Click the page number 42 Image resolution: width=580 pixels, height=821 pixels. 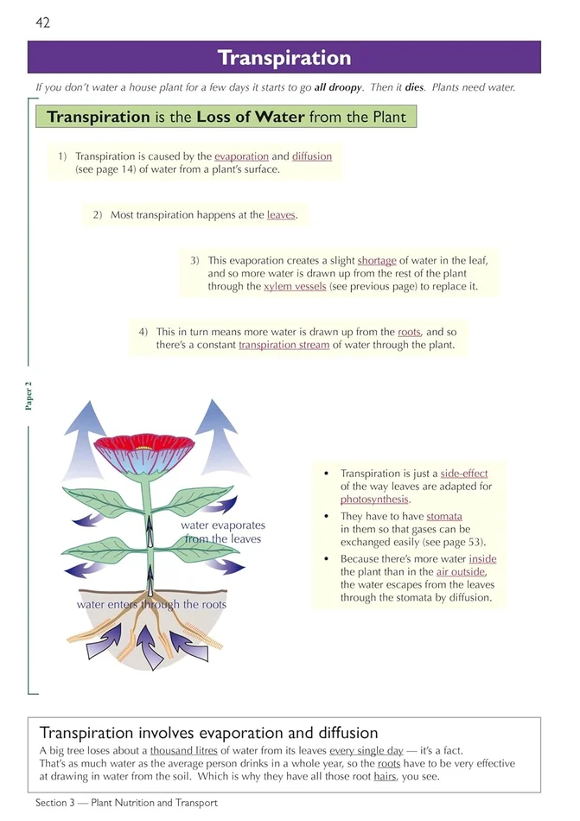[42, 22]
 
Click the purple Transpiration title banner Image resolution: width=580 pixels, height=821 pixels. [284, 58]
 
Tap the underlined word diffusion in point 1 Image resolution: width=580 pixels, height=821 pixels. [312, 156]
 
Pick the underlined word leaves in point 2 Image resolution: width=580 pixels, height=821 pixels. [281, 214]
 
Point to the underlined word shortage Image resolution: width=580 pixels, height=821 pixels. [377, 260]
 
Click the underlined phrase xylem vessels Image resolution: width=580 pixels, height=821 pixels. [295, 286]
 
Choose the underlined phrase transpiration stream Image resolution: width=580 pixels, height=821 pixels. [284, 344]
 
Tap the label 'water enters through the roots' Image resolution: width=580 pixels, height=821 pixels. [151, 604]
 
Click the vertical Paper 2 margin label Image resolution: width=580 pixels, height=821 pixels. [29, 394]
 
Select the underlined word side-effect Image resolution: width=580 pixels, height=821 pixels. [464, 474]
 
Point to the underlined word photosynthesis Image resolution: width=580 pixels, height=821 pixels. [373, 500]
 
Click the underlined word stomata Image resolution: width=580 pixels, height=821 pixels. [443, 516]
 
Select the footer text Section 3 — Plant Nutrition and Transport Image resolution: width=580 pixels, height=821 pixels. [126, 803]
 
